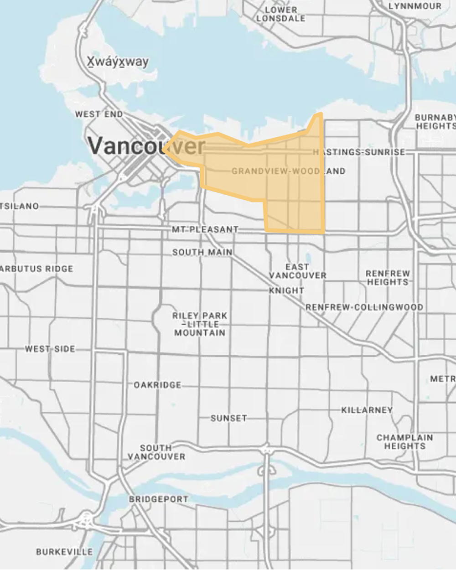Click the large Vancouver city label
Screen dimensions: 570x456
click(146, 146)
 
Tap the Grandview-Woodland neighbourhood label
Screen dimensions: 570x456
click(288, 171)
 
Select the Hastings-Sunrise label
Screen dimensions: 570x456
click(359, 152)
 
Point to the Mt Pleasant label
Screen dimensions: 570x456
click(205, 229)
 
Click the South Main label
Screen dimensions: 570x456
click(202, 252)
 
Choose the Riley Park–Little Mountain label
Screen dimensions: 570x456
click(200, 324)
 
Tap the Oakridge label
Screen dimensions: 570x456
click(157, 385)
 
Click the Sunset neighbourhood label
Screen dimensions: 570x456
click(228, 418)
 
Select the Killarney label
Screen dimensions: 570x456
click(367, 410)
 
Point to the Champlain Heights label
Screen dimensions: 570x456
click(404, 442)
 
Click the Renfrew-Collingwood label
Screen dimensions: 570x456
click(364, 307)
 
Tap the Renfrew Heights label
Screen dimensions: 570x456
click(388, 278)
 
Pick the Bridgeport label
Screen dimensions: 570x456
click(158, 499)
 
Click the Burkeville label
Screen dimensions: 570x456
click(64, 552)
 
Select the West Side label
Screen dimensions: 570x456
click(50, 349)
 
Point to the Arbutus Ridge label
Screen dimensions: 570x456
click(36, 269)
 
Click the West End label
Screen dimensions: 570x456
click(99, 114)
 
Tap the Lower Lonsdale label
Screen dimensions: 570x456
click(281, 14)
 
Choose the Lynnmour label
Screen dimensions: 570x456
click(415, 6)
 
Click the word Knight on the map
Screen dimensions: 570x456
click(286, 290)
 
